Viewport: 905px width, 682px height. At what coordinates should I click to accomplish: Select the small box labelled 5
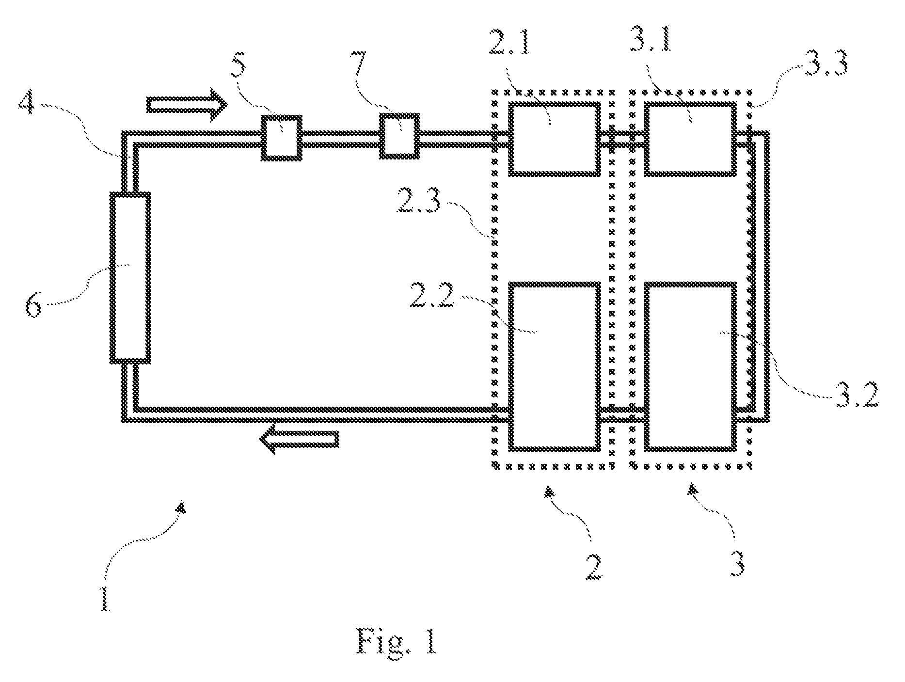pos(282,137)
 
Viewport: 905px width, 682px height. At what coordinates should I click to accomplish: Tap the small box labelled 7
pos(399,136)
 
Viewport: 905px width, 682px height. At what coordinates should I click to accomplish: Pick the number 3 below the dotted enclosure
pos(736,562)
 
